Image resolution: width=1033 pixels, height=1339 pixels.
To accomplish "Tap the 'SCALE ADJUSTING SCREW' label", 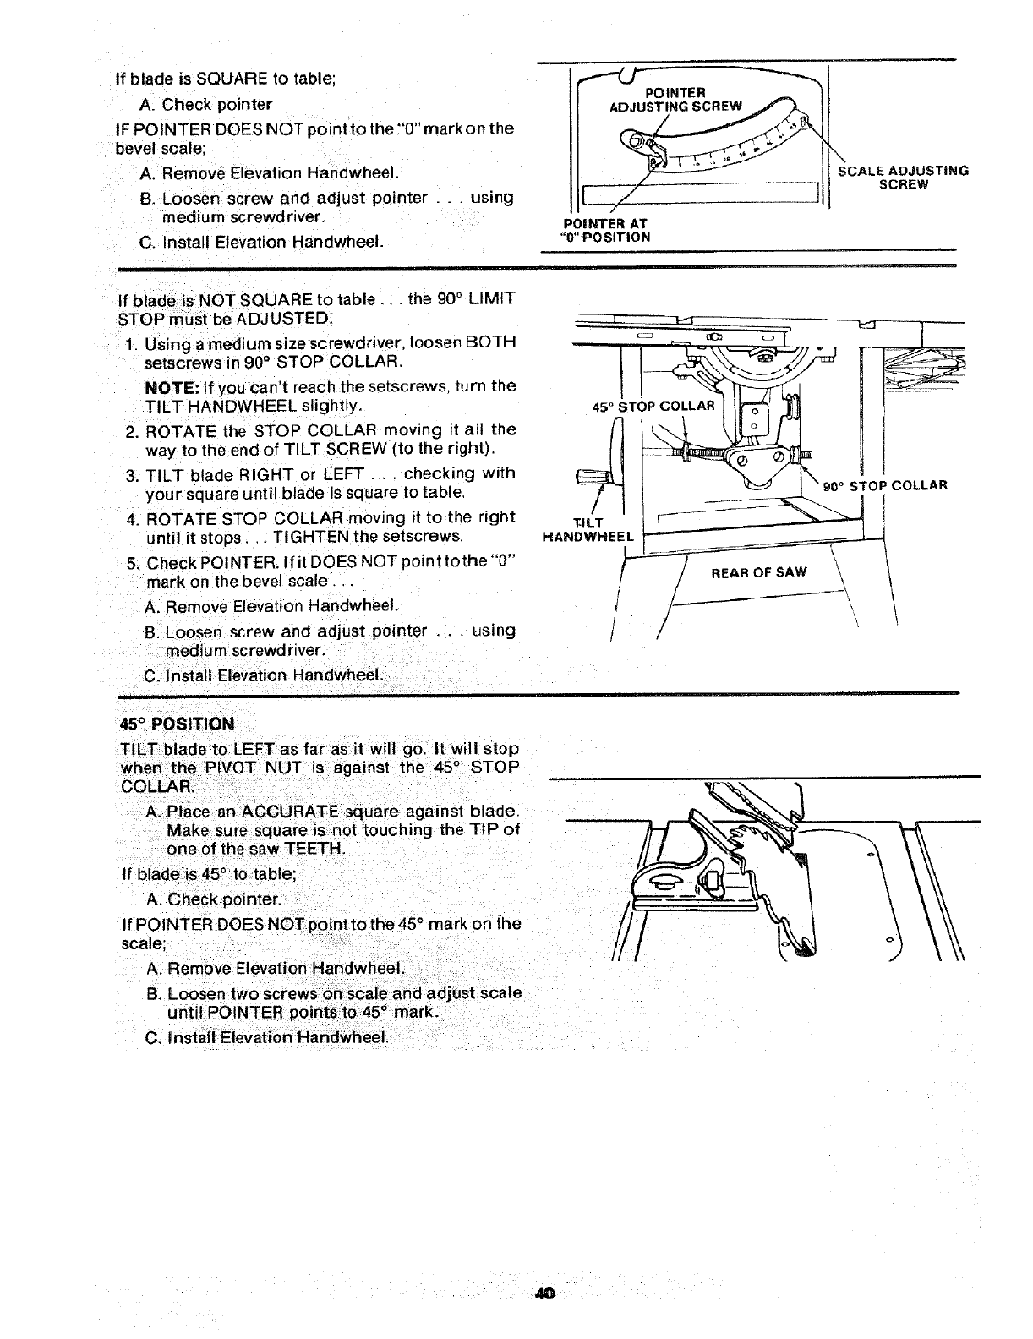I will click(902, 177).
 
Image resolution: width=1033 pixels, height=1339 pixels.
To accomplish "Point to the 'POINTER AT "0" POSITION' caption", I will click(604, 230).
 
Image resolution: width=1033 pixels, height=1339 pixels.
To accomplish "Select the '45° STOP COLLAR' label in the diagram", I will click(654, 406).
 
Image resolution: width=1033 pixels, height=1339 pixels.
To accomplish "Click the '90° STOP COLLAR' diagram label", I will click(884, 485).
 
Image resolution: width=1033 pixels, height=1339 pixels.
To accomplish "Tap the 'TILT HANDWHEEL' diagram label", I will click(588, 529).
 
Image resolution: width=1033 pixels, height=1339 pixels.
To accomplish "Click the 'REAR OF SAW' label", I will click(759, 572).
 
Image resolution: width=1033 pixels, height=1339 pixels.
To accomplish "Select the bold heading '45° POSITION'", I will click(178, 724).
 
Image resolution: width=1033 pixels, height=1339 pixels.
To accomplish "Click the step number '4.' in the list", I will click(133, 516).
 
